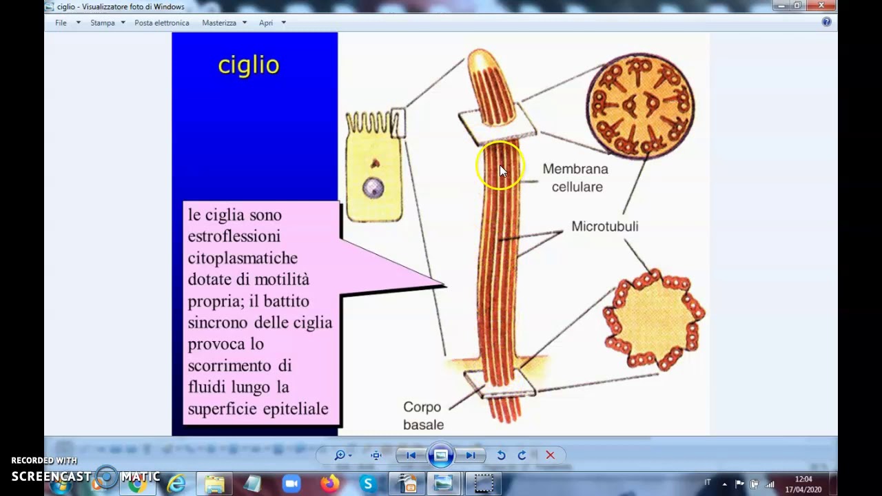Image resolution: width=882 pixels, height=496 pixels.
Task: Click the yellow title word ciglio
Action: pyautogui.click(x=249, y=65)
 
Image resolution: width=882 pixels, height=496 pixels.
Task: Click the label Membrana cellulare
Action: pyautogui.click(x=575, y=178)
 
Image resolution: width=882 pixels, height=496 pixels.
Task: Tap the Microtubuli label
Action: pyautogui.click(x=604, y=227)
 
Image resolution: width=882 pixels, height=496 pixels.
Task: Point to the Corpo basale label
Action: pyautogui.click(x=422, y=415)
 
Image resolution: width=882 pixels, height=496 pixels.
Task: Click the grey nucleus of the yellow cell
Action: pyautogui.click(x=373, y=188)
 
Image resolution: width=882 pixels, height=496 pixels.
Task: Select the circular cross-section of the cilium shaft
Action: pyautogui.click(x=640, y=105)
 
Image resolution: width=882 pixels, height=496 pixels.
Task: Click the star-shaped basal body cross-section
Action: pyautogui.click(x=653, y=320)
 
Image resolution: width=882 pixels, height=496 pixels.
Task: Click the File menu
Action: pyautogui.click(x=61, y=23)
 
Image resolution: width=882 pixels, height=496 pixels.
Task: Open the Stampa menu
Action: pyautogui.click(x=103, y=23)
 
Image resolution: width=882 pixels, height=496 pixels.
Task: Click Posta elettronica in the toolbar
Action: pyautogui.click(x=162, y=23)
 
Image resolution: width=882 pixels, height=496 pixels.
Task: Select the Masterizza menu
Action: pyautogui.click(x=219, y=23)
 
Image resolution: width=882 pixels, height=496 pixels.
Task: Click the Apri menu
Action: pyautogui.click(x=266, y=23)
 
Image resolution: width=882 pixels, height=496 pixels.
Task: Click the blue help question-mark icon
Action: pyautogui.click(x=827, y=22)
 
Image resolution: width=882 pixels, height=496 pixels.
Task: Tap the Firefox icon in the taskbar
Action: pyautogui.click(x=330, y=484)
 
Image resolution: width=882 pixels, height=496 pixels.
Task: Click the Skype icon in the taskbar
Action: pyautogui.click(x=368, y=484)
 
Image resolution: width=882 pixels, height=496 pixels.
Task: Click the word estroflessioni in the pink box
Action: pyautogui.click(x=234, y=236)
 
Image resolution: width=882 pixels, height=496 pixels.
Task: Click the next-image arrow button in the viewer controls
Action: pyautogui.click(x=471, y=455)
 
